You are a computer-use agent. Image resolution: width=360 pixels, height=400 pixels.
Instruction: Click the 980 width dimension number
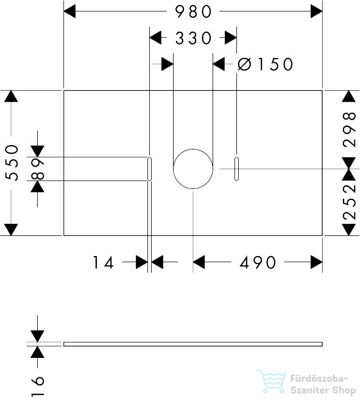click(x=193, y=12)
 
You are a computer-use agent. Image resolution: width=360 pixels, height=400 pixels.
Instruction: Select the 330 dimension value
click(x=193, y=38)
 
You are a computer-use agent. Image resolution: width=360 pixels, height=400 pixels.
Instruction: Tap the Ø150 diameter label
click(x=265, y=64)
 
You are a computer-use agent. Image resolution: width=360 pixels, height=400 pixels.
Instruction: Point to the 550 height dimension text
click(x=12, y=162)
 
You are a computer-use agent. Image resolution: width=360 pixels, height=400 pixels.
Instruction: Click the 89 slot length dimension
click(x=38, y=169)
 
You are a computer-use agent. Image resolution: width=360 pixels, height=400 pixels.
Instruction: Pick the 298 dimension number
click(x=349, y=129)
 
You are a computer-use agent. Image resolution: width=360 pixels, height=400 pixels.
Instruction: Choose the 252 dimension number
click(x=349, y=202)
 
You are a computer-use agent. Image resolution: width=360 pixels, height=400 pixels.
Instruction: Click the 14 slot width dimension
click(x=103, y=262)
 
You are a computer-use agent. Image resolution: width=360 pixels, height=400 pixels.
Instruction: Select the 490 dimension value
click(x=258, y=262)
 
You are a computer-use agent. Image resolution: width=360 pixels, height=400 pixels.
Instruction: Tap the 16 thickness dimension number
click(x=38, y=386)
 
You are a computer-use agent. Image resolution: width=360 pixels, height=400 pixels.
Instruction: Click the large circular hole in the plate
click(x=193, y=149)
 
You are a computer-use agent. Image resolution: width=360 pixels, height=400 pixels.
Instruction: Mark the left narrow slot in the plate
click(x=150, y=169)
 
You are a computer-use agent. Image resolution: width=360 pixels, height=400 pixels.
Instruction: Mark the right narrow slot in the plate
click(x=237, y=169)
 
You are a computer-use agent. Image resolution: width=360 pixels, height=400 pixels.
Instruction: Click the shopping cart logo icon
click(x=272, y=381)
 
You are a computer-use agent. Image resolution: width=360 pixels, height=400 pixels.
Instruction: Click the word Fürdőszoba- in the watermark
click(x=319, y=379)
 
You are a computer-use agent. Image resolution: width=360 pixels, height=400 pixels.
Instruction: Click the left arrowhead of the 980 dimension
click(x=69, y=12)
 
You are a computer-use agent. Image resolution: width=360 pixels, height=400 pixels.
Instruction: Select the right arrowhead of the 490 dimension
click(x=317, y=262)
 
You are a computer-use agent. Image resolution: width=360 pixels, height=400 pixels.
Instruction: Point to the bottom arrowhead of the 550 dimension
click(x=11, y=230)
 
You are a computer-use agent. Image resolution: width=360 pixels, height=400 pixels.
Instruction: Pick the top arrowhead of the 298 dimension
click(x=349, y=96)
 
